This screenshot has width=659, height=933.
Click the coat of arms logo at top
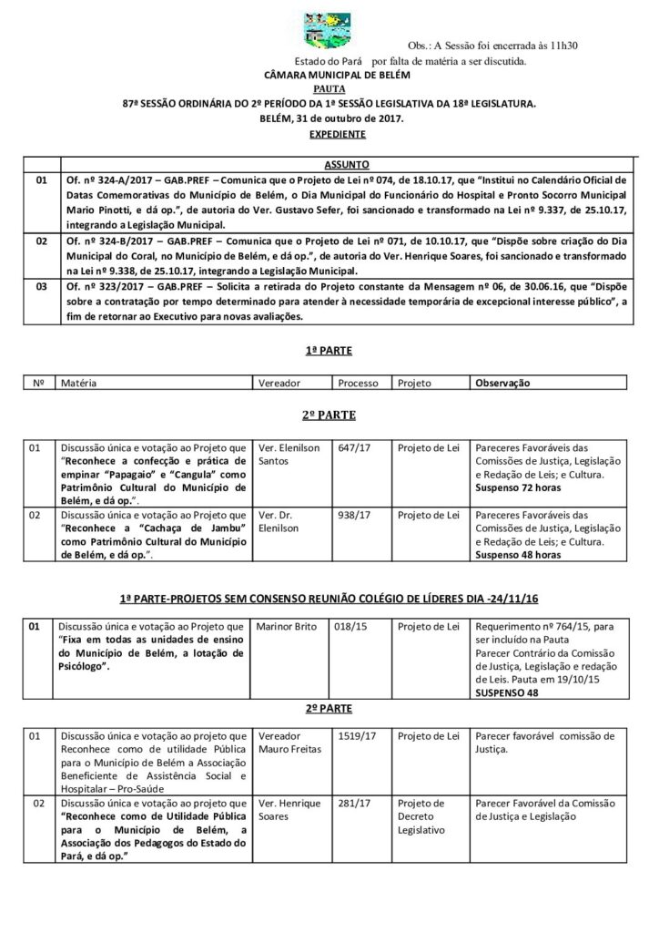click(329, 26)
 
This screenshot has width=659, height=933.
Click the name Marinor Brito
click(287, 627)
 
